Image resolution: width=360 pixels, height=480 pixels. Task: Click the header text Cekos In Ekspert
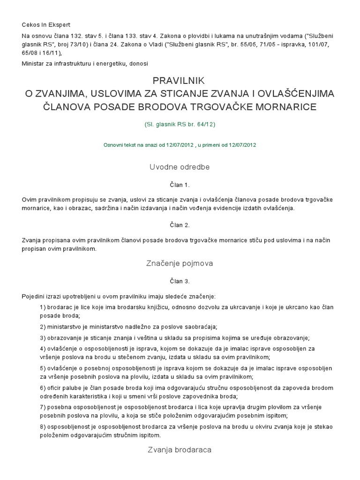click(45, 24)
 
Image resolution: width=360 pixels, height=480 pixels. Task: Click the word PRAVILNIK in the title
click(180, 80)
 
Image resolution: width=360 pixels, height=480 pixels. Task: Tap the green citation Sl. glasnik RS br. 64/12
click(180, 125)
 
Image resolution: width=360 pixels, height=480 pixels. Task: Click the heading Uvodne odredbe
click(180, 167)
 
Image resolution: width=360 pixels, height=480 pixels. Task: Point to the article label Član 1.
click(180, 185)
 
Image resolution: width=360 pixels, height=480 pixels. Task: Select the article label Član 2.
click(180, 225)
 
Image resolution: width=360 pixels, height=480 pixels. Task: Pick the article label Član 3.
click(180, 281)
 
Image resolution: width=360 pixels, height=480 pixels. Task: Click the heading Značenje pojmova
click(180, 263)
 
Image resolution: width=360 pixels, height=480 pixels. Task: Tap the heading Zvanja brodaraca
click(180, 450)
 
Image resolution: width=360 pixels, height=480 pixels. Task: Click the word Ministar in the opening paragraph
click(32, 63)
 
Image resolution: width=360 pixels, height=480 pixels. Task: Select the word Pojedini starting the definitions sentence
click(33, 296)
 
